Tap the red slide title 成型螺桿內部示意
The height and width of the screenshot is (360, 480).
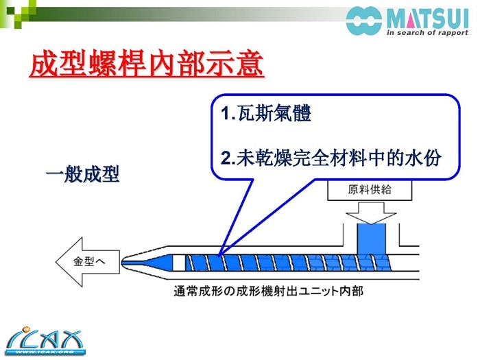point(147,64)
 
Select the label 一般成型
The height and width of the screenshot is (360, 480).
point(83,174)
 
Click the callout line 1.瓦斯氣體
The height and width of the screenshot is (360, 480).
point(266,113)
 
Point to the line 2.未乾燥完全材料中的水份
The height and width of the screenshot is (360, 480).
point(331,158)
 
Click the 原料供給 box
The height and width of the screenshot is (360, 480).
point(370,190)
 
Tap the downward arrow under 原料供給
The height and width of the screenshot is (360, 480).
point(371,213)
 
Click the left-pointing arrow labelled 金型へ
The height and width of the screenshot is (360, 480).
point(88,262)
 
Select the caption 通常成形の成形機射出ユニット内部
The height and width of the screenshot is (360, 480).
point(269,291)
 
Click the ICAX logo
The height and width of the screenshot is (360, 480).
point(45,341)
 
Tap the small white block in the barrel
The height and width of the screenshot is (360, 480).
point(179,263)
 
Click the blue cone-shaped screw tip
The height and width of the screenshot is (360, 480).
point(147,263)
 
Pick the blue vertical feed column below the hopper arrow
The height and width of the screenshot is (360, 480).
point(372,239)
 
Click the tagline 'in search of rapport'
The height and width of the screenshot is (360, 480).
point(427,33)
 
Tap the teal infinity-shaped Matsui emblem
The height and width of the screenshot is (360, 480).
point(364,21)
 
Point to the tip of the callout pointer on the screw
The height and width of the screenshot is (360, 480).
point(219,254)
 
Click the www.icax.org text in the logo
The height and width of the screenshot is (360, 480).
point(45,352)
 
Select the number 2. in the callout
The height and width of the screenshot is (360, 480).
point(228,158)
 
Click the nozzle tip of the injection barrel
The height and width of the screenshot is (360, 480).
point(122,263)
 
